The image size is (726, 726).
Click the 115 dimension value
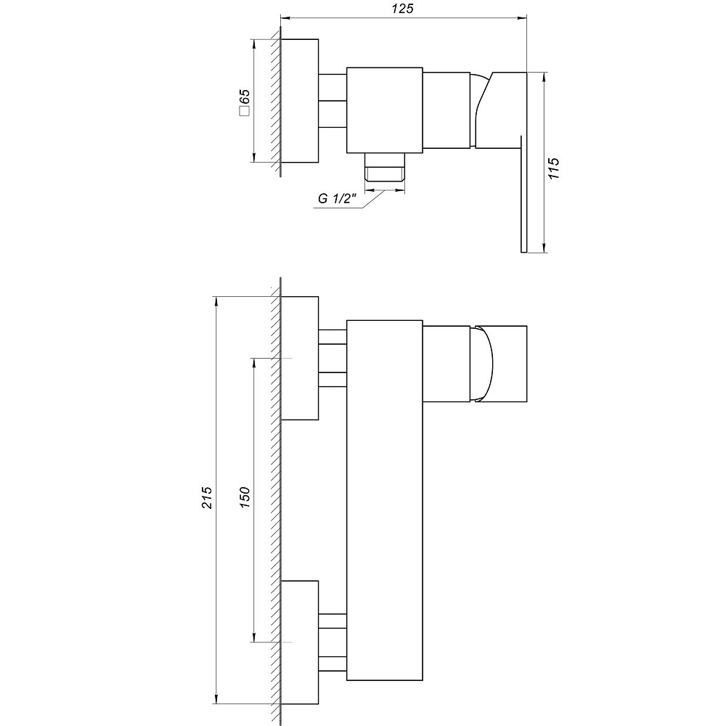tap(554, 169)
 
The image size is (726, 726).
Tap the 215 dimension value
tap(207, 498)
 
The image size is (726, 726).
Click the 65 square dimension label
tap(244, 102)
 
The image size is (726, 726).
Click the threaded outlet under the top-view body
tap(385, 168)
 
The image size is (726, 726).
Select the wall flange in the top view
tap(299, 100)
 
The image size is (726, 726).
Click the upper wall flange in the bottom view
tap(300, 358)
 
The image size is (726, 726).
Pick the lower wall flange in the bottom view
tap(300, 642)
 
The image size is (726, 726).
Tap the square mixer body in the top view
tap(385, 110)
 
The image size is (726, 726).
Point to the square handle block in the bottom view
tap(508, 362)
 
